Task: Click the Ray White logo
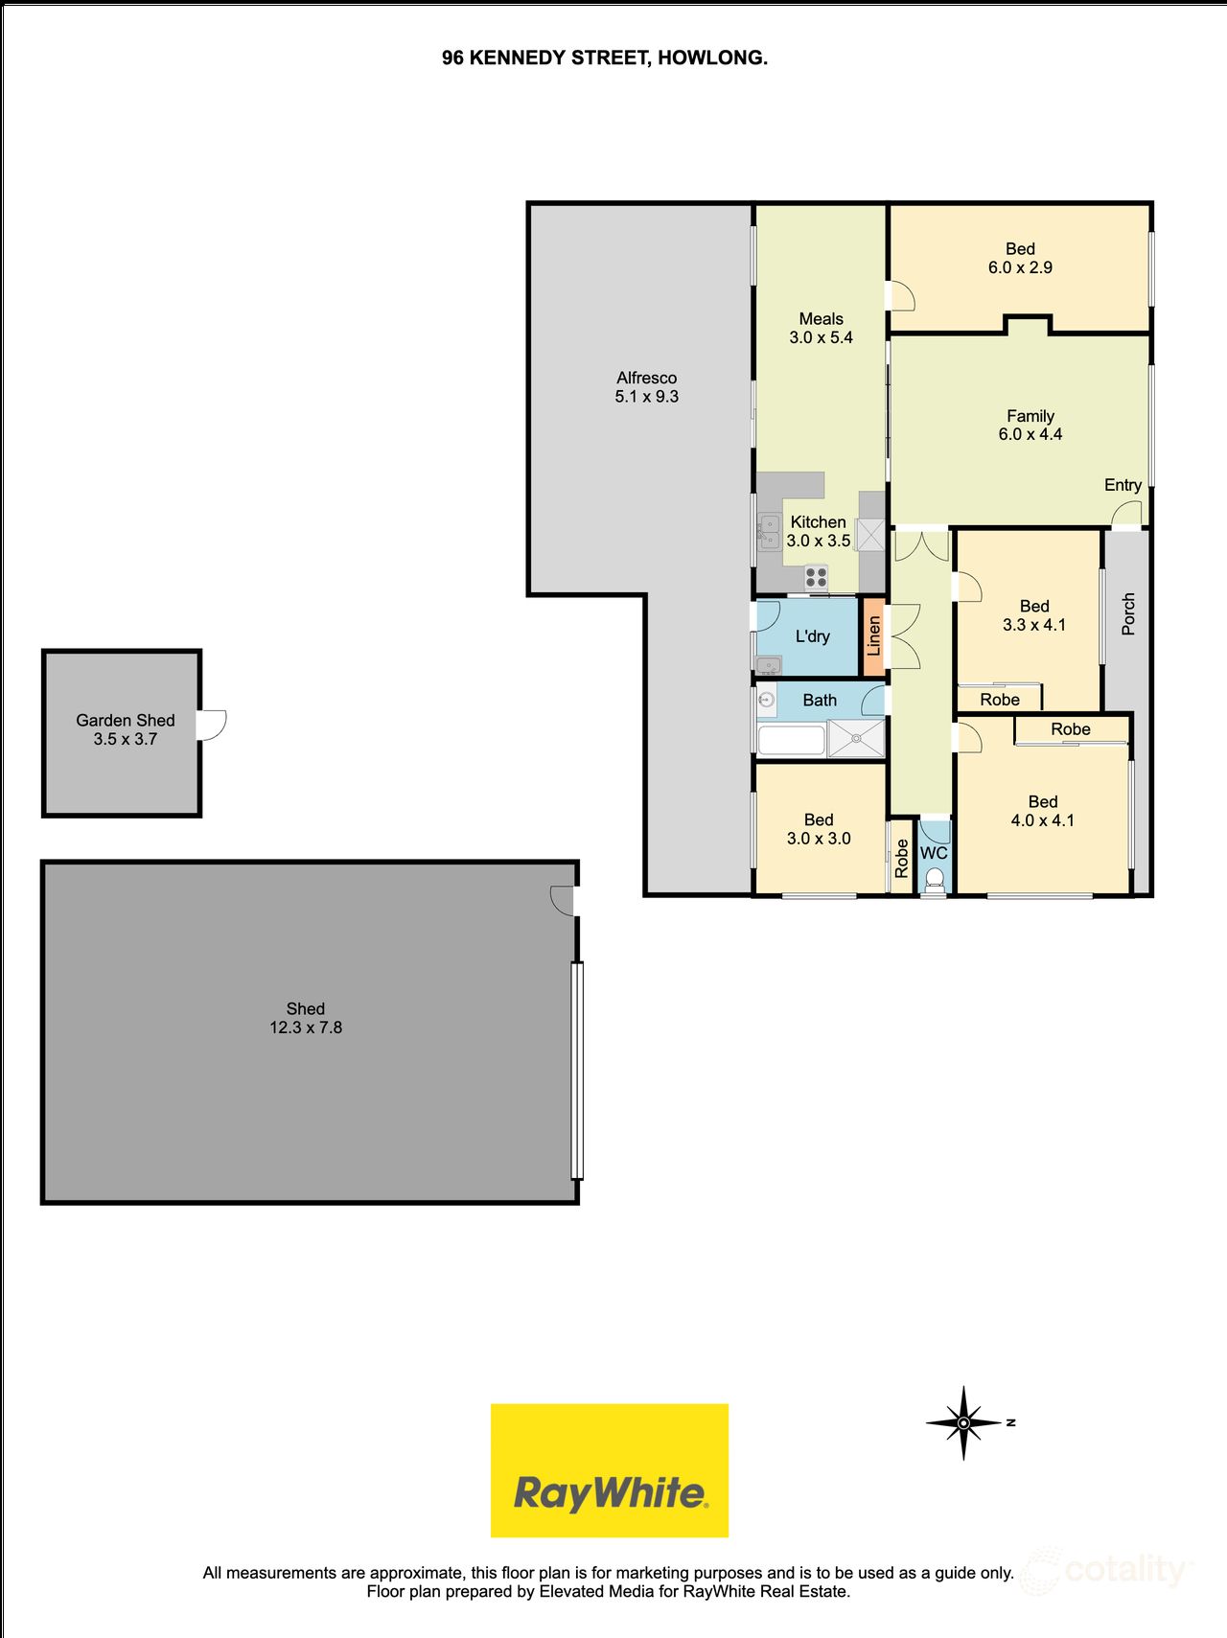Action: tap(610, 1470)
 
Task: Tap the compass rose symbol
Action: tap(964, 1422)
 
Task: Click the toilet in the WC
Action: tap(934, 879)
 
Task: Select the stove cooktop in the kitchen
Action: tap(817, 577)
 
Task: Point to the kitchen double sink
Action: tap(769, 532)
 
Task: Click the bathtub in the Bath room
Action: tap(791, 740)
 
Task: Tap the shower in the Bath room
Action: tap(856, 738)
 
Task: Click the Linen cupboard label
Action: tap(873, 635)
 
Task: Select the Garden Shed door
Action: tap(212, 724)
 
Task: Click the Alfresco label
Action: tap(647, 378)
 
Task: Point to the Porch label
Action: tap(1128, 613)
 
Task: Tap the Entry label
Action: tap(1123, 485)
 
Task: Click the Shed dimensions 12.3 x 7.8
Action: tap(306, 1027)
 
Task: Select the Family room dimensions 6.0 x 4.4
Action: tap(1030, 434)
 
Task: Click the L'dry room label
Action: tap(812, 636)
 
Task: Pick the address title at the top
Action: tap(604, 58)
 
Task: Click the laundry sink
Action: tap(768, 664)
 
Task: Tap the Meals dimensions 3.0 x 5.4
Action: tap(821, 337)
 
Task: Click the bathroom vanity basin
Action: tap(766, 700)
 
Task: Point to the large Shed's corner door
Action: tap(564, 899)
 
